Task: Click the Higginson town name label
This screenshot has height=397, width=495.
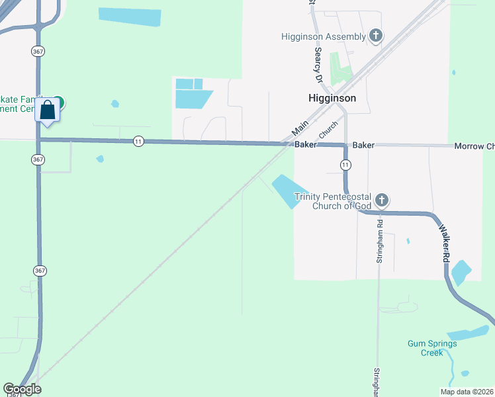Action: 332,98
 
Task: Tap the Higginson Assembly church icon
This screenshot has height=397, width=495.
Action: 376,36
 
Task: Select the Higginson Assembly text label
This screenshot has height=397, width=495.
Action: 323,36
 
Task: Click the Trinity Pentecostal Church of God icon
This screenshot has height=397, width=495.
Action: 381,200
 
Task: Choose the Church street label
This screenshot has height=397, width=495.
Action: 329,130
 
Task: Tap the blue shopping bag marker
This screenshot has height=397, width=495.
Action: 48,110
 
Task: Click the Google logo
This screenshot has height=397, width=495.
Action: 22,389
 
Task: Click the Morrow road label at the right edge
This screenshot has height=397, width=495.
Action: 474,146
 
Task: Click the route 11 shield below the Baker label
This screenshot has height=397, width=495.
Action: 345,163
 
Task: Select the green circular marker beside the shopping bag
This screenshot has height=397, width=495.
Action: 59,102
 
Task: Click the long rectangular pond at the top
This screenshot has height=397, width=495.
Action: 130,17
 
